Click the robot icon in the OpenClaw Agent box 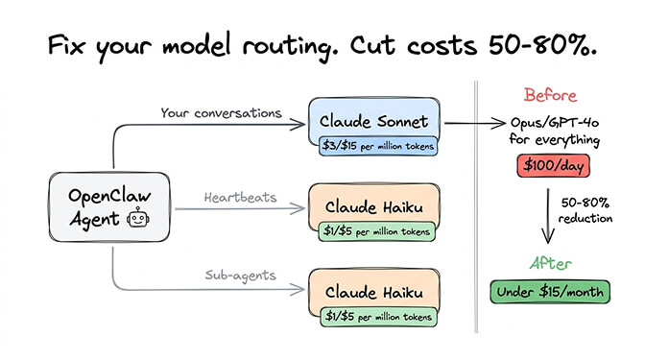pos(136,219)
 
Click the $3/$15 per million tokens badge pos(378,146)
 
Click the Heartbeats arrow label pos(240,198)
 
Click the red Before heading pos(551,95)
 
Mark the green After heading pos(551,262)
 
